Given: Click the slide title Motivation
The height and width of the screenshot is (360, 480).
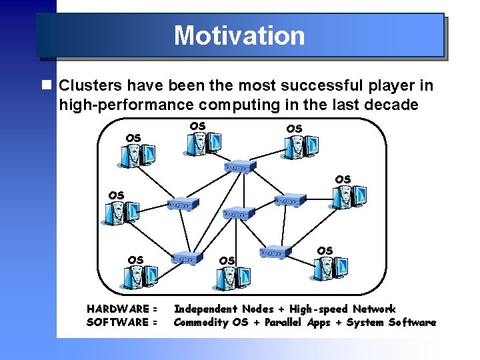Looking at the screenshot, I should coord(239,35).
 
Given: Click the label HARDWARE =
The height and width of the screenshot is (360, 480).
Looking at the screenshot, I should coord(122,309).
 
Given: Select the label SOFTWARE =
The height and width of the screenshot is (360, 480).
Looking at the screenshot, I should coord(122,323).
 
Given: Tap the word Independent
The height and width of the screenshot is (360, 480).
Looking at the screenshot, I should coord(205,309).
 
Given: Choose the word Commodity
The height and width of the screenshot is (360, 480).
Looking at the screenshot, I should coord(201,323).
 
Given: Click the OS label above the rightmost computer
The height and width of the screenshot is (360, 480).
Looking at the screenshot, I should coord(343,179).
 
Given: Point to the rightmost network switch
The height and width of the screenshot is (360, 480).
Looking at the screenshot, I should coord(290,200).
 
